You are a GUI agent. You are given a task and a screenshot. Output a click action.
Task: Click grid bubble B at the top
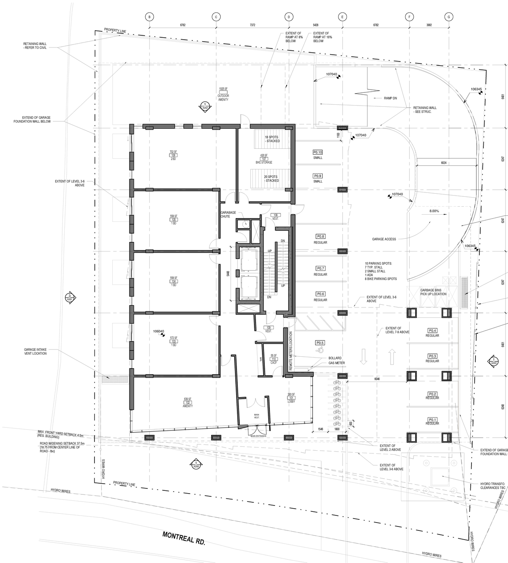point(149,17)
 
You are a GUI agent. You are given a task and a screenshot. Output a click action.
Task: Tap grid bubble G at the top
point(449,17)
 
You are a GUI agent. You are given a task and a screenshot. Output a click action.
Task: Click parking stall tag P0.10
point(317,152)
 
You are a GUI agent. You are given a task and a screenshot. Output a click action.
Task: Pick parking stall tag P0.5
point(320,343)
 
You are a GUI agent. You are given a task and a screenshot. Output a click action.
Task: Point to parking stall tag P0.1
point(432,419)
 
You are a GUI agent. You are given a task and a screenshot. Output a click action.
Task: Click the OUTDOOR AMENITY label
point(223,98)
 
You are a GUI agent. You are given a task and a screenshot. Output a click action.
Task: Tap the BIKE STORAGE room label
point(264,163)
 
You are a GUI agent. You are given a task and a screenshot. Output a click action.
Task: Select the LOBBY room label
point(292,402)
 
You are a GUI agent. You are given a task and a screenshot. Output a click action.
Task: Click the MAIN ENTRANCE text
point(258,436)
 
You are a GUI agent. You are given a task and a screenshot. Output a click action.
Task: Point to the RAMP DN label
point(390,98)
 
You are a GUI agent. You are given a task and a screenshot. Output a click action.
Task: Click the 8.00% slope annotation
point(434,211)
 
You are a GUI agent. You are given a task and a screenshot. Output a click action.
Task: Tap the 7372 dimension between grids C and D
point(252,25)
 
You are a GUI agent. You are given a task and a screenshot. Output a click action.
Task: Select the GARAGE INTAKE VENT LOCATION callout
point(35,352)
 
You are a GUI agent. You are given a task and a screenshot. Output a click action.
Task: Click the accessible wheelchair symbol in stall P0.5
point(318,350)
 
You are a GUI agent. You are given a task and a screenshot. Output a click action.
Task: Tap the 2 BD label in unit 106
point(173,159)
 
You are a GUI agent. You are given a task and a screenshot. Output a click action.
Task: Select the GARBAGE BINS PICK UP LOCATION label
point(433,292)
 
